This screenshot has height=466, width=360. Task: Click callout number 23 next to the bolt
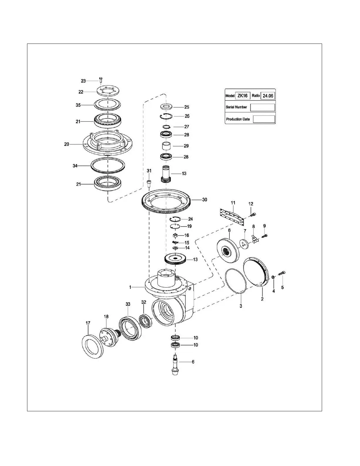[x=83, y=81]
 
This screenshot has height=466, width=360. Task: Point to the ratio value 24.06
[x=268, y=96]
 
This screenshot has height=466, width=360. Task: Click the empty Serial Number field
[x=262, y=107]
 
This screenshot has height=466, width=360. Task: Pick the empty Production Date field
[x=264, y=119]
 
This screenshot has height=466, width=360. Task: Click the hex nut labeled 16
[x=175, y=235]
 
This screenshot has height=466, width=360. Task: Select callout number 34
[x=75, y=166]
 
